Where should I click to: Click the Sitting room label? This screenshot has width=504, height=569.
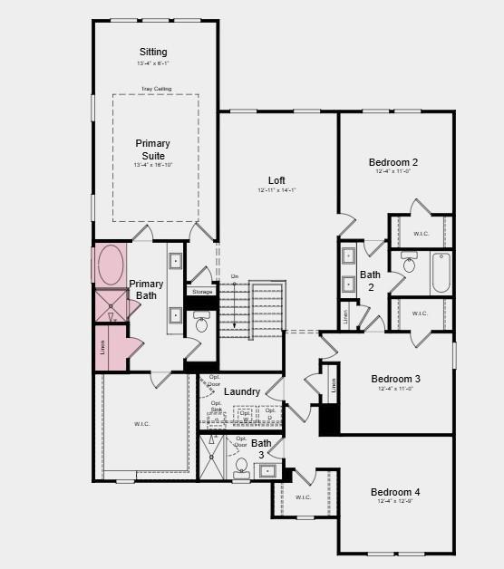coord(153,52)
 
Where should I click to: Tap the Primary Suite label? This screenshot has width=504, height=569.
coord(152,149)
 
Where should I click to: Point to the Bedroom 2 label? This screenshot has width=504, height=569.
coord(393,162)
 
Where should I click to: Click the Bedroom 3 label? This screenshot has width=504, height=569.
coord(395,379)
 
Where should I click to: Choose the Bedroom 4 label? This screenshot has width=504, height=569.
coord(395,492)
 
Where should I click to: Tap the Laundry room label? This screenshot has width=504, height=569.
coord(242,391)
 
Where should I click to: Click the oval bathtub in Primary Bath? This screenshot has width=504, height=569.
coord(111,265)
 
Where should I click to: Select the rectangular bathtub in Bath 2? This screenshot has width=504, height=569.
coord(441,272)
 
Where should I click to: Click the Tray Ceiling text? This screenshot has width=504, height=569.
coord(156,89)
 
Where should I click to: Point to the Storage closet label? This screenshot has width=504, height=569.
coord(202,292)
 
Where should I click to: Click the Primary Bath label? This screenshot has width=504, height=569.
coord(146,290)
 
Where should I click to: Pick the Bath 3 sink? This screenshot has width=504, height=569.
coord(268,470)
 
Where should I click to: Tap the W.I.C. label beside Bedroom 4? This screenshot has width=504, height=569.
coord(302,497)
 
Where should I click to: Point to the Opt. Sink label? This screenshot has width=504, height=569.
coord(217,406)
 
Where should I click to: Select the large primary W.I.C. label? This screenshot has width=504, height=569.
coord(142,423)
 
